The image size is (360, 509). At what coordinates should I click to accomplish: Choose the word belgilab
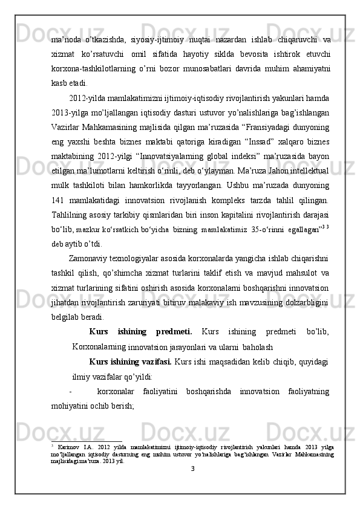tap(66, 316)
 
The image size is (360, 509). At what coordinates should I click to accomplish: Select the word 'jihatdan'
tap(66, 302)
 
